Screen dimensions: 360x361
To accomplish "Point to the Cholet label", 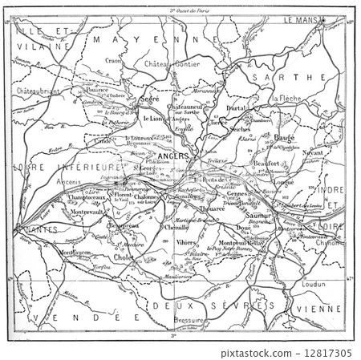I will pyautogui.click(x=124, y=258).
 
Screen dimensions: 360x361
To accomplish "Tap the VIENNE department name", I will pyautogui.click(x=318, y=308).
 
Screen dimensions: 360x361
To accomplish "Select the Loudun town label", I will pyautogui.click(x=314, y=284).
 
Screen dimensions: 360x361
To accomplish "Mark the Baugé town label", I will pyautogui.click(x=283, y=137).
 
